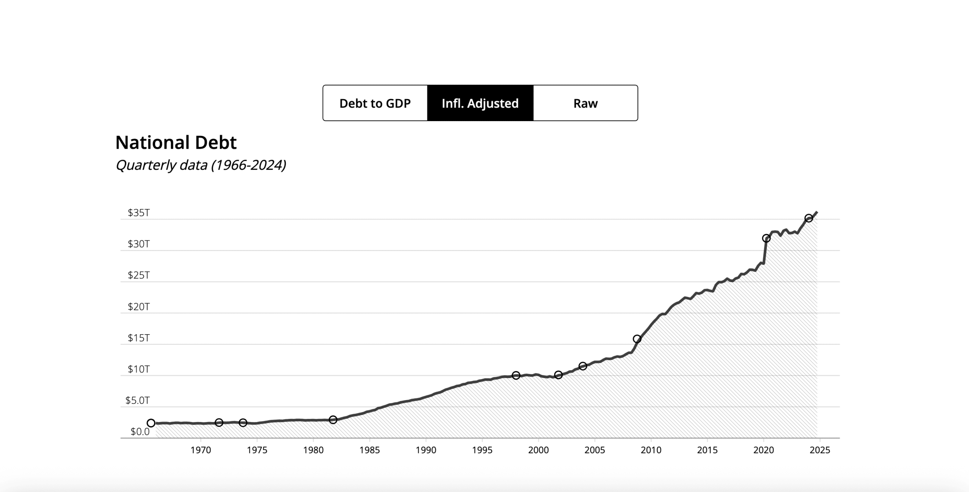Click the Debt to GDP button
375,103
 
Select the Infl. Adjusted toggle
480,103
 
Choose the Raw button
585,103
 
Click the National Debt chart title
176,143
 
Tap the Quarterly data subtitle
201,165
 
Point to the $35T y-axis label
139,213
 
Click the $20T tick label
139,307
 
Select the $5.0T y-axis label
137,400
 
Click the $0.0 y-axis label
140,431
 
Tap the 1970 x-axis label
201,450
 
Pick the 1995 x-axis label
482,450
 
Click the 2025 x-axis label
819,450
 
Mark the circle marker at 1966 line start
151,423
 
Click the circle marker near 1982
333,420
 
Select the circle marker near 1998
516,375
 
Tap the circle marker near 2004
583,366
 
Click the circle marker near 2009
637,339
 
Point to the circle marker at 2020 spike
766,238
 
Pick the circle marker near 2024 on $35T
809,218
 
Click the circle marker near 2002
558,375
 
